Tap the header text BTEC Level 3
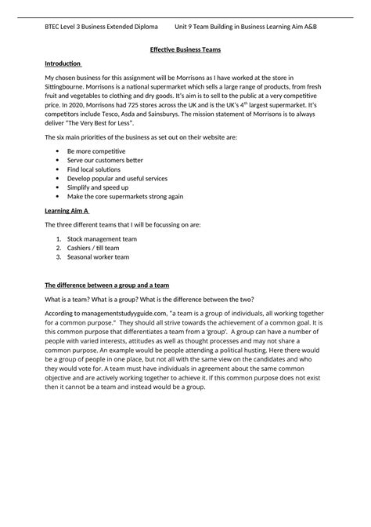tap(68, 27)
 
